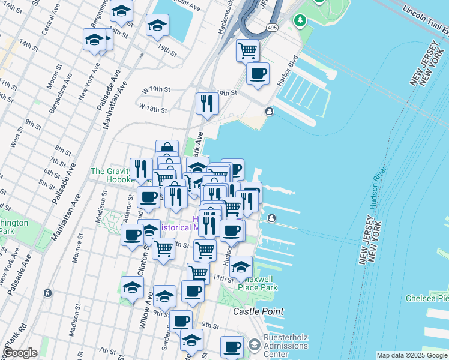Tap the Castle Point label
tap(258, 311)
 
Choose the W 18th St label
tap(152, 109)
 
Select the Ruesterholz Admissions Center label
tap(286, 346)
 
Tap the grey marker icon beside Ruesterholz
tap(254, 344)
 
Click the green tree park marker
tap(300, 21)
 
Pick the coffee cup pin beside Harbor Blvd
tap(258, 74)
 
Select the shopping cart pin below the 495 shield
tap(247, 50)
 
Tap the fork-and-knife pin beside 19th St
tap(206, 103)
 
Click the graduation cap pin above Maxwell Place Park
tap(241, 268)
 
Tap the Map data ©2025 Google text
tap(412, 355)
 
